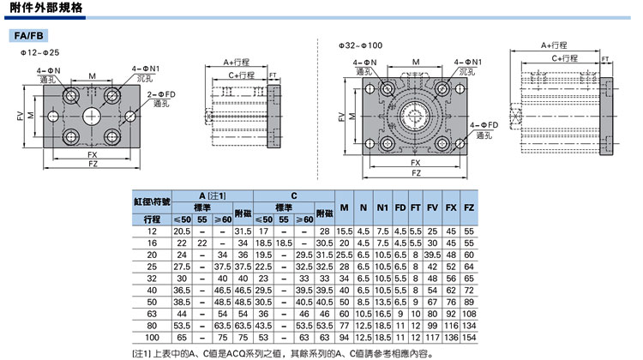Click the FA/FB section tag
(28, 36)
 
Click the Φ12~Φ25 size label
(40, 52)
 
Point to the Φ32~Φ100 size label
(360, 45)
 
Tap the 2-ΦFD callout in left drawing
(161, 95)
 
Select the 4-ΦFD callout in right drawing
(484, 125)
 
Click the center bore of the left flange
(92, 116)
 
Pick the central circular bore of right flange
(415, 115)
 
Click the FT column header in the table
(416, 207)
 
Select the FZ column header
(469, 207)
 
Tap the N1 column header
(382, 207)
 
